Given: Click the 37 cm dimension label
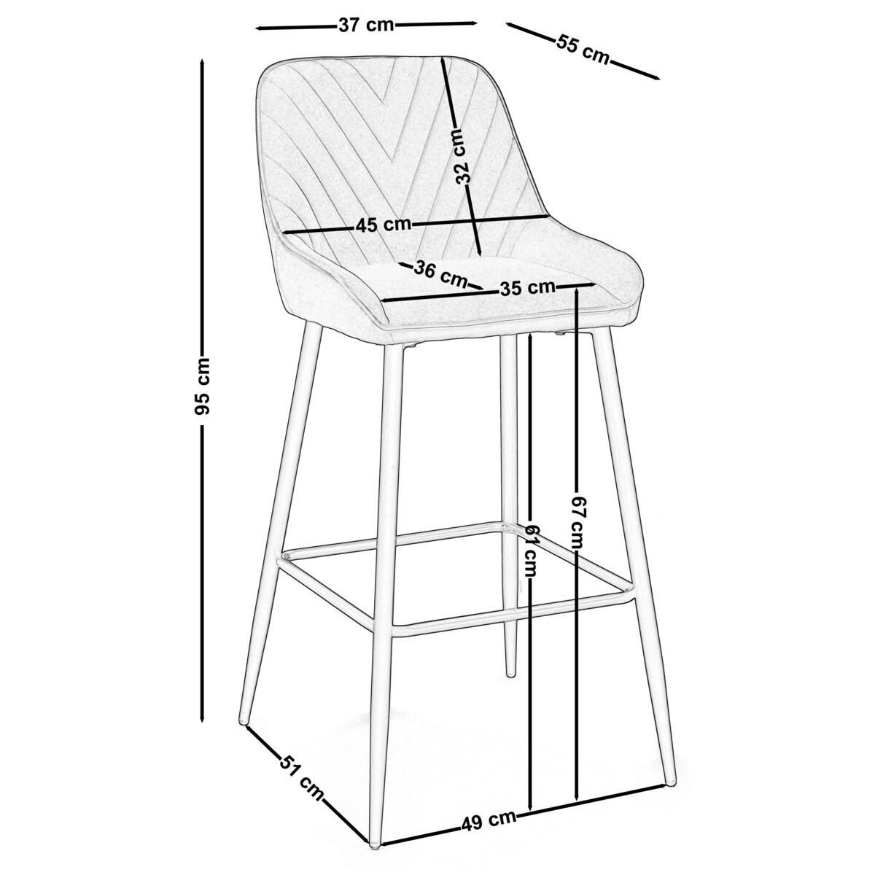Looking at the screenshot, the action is tap(366, 25).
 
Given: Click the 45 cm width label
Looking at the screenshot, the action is tap(384, 225).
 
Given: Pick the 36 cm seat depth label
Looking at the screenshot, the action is tap(440, 274).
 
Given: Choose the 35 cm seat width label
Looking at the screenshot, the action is tap(528, 287).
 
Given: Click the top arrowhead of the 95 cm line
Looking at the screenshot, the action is tap(203, 62).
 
